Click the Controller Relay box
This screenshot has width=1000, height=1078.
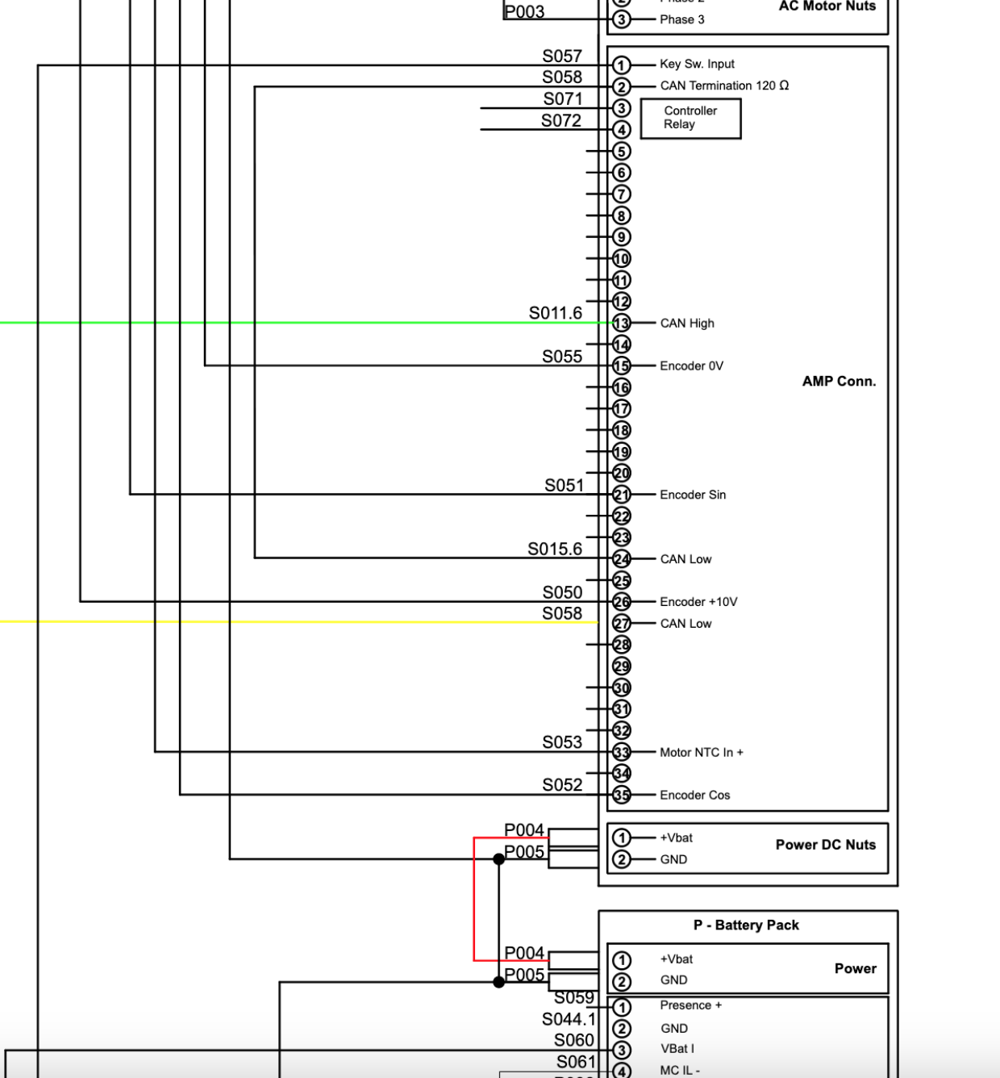coord(690,118)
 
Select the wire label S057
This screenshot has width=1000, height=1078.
coord(562,56)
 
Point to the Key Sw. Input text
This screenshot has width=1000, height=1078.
coord(697,64)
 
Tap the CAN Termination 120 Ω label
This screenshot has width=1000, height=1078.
coord(724,86)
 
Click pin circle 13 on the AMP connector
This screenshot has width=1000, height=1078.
coord(621,323)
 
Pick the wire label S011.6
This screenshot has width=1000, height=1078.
coord(555,313)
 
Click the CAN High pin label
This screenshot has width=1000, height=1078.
coord(687,323)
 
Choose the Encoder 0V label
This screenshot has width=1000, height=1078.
coord(691,366)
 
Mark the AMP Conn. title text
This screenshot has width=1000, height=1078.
coord(839,381)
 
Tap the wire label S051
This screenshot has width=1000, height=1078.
coord(564,485)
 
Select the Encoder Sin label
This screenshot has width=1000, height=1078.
coord(693,495)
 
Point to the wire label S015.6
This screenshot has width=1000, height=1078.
coord(555,549)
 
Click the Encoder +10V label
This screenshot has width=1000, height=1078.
coord(698,602)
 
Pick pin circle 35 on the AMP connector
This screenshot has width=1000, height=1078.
coord(621,795)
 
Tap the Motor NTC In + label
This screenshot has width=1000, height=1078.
coord(702,752)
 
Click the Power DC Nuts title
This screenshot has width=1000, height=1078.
coord(825,845)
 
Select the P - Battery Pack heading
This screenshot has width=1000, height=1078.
coord(746,925)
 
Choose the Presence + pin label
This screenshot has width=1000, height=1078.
coord(691,1005)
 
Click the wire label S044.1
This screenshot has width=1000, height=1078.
coord(569,1019)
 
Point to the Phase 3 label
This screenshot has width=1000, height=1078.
coord(681,19)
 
